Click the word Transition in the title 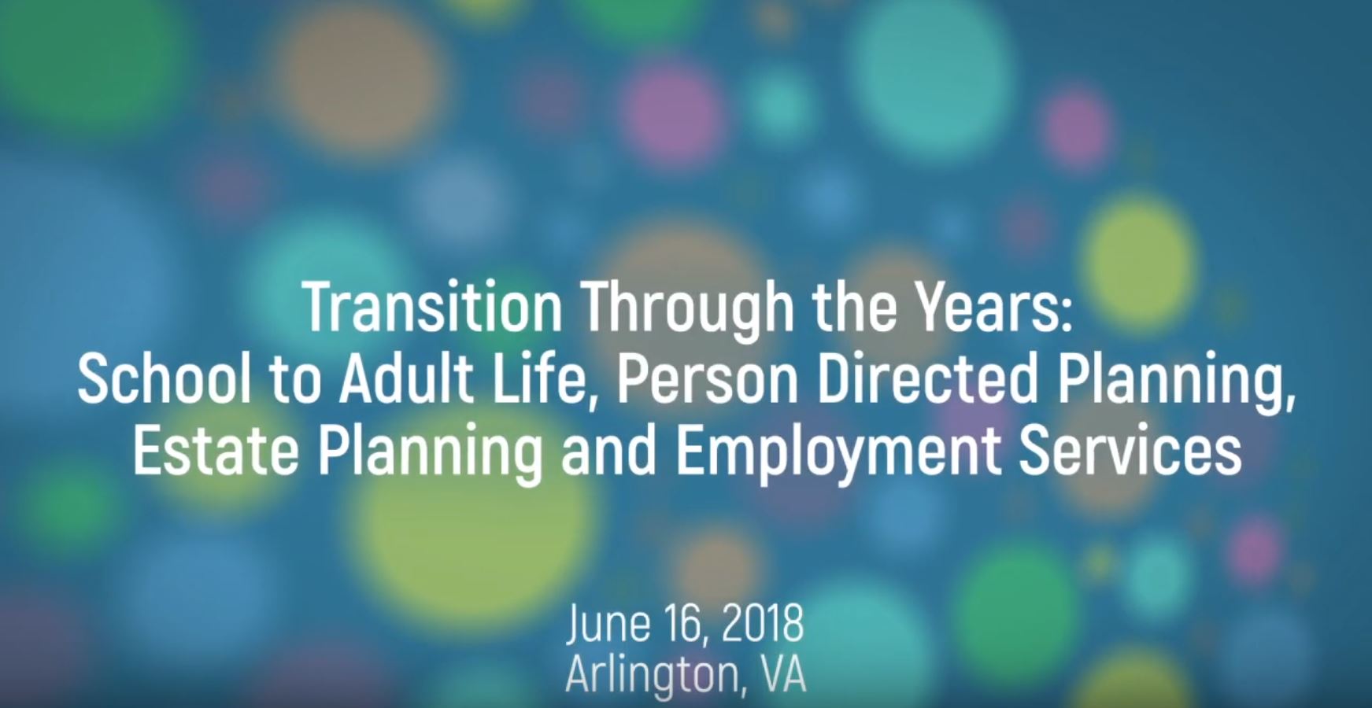pos(432,307)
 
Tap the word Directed pos(928,378)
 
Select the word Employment pos(838,455)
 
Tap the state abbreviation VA pos(784,673)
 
